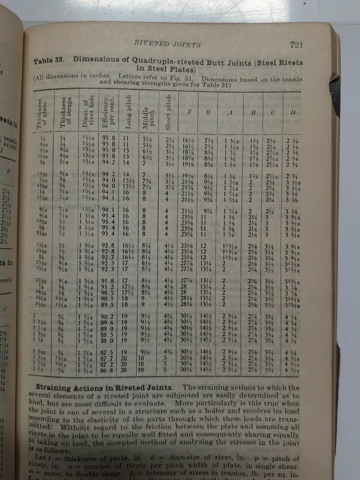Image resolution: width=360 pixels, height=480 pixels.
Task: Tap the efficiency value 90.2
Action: tap(108, 317)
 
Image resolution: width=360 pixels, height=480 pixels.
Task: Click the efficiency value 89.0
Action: tap(108, 329)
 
